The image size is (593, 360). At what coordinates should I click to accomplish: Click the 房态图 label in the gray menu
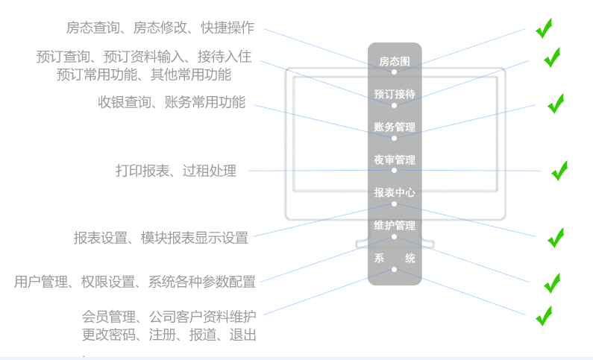coord(395,61)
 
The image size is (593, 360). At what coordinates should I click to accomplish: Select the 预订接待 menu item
coord(395,94)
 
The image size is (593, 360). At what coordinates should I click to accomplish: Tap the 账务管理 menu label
coord(395,127)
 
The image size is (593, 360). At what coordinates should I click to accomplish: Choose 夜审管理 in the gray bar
coord(395,160)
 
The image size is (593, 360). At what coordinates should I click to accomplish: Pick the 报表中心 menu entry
coord(395,192)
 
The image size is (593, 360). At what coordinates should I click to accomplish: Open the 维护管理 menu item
coord(395,226)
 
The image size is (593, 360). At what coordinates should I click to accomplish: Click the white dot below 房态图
coord(394,72)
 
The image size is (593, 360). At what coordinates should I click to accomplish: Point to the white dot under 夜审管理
coord(394,171)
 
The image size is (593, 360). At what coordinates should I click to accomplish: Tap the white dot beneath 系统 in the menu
coord(394,269)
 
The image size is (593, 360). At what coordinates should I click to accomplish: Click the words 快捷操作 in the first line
coord(228,28)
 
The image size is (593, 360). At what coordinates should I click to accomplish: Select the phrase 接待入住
coord(225,57)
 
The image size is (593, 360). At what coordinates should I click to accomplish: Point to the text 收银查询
coord(125,102)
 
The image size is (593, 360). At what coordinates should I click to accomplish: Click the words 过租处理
coord(210,171)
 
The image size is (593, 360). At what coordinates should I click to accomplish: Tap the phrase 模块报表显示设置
coord(195,238)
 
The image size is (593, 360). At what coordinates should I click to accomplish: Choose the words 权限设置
coord(107,282)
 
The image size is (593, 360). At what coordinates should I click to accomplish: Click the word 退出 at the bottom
coord(243,335)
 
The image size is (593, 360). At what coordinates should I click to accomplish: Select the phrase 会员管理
coord(109,317)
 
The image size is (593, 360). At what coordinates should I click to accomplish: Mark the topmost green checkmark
coord(544,28)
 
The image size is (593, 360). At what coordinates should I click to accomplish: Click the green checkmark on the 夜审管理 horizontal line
coord(559,171)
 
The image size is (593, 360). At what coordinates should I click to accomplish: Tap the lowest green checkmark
coord(544,316)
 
